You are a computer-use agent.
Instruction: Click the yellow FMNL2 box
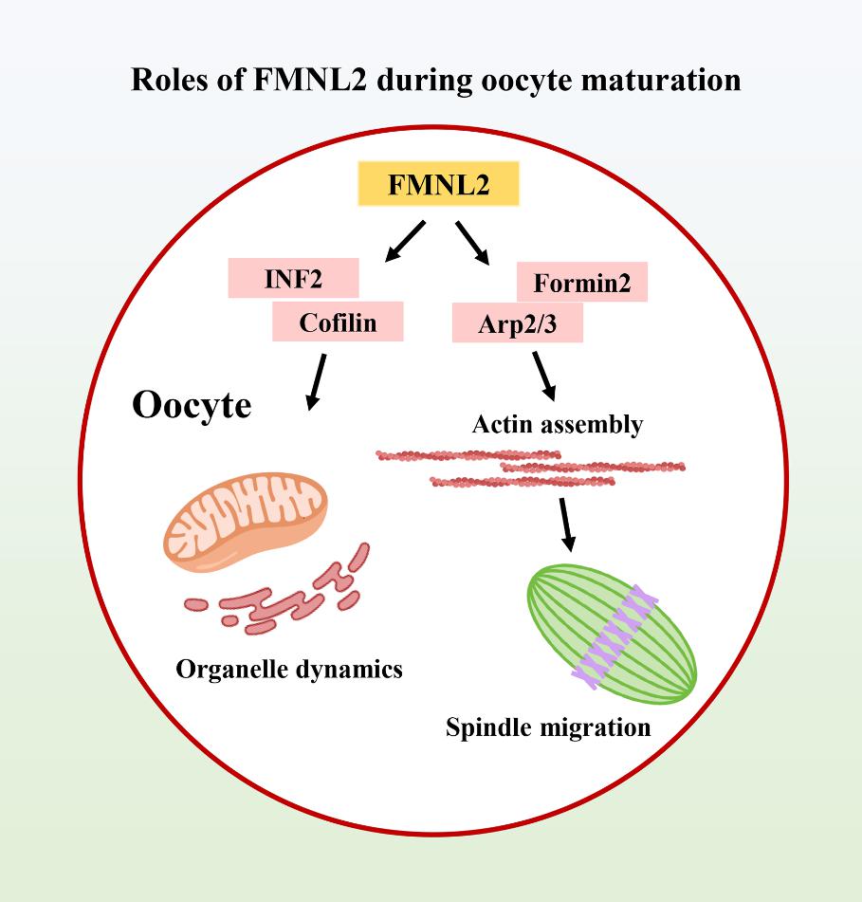(x=438, y=185)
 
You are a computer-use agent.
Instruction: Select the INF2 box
(x=293, y=278)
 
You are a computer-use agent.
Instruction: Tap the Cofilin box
(x=338, y=322)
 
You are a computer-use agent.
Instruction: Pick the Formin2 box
(x=581, y=283)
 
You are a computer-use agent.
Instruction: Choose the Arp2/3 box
(x=516, y=323)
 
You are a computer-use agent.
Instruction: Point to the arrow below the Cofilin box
(x=317, y=381)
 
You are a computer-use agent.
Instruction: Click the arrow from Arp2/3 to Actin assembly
(x=545, y=377)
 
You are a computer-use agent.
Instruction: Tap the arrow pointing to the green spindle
(x=566, y=524)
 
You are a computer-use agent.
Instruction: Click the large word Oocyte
(x=192, y=405)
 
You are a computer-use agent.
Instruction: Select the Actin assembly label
(x=557, y=424)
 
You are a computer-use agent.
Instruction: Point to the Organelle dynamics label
(x=289, y=669)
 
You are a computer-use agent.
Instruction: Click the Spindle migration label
(x=548, y=727)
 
